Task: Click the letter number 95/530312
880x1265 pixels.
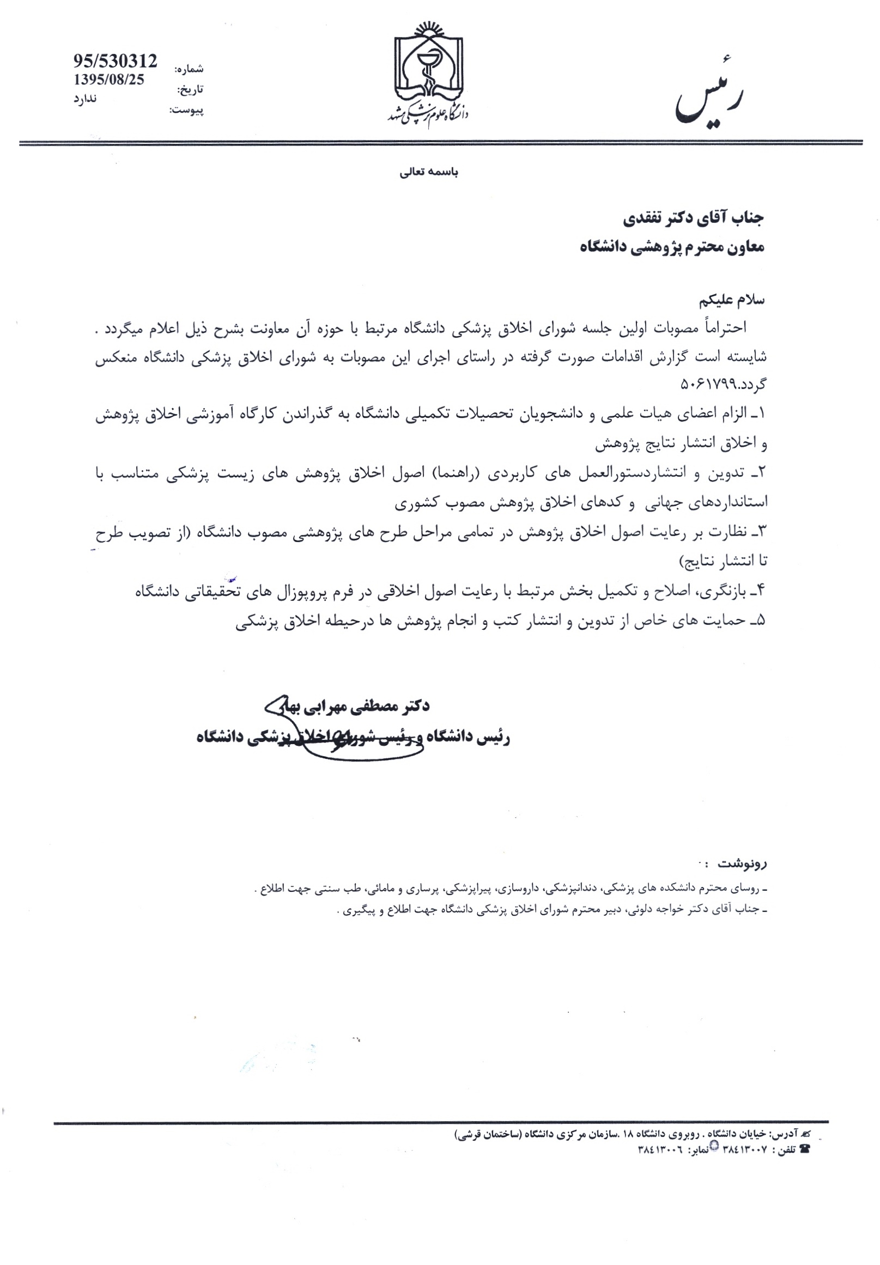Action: coord(115,61)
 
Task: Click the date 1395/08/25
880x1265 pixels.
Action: coord(108,80)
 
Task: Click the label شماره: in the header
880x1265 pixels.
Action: coord(189,69)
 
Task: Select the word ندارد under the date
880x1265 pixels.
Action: coord(85,99)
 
